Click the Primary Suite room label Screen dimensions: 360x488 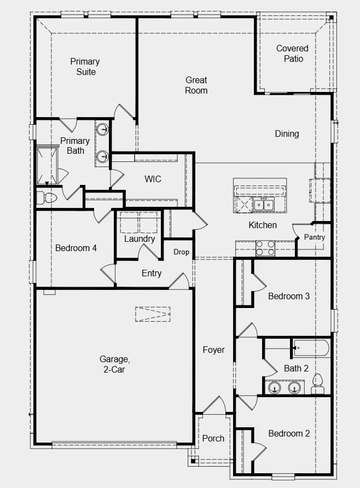pyautogui.click(x=85, y=67)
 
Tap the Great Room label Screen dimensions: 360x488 pyautogui.click(x=196, y=85)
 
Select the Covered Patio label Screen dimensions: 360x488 pyautogui.click(x=293, y=54)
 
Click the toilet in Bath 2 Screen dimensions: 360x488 pyautogui.click(x=318, y=384)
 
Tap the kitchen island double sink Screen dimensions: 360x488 pyautogui.click(x=263, y=205)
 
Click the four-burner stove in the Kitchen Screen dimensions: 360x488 pyautogui.click(x=265, y=248)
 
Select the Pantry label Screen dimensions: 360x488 pyautogui.click(x=315, y=237)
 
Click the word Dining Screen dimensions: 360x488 pyautogui.click(x=287, y=134)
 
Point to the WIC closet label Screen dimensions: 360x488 pyautogui.click(x=153, y=179)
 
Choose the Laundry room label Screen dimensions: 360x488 pyautogui.click(x=140, y=239)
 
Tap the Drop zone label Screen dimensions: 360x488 pyautogui.click(x=182, y=252)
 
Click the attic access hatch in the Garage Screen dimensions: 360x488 pyautogui.click(x=153, y=314)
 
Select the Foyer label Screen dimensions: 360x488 pyautogui.click(x=213, y=350)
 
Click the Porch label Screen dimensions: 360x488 pyautogui.click(x=213, y=439)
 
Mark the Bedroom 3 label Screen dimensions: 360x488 pyautogui.click(x=289, y=296)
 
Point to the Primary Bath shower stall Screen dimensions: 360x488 pyautogui.click(x=47, y=166)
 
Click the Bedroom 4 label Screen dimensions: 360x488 pyautogui.click(x=76, y=248)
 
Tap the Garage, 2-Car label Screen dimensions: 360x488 pyautogui.click(x=114, y=364)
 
